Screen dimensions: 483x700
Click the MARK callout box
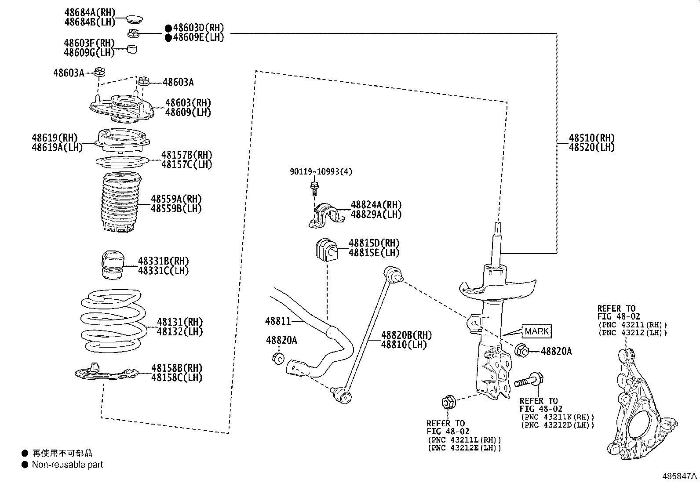[536, 331]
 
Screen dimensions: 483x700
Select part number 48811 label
[278, 321]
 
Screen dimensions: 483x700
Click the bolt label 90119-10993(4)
[321, 172]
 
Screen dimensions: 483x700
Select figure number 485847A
[680, 476]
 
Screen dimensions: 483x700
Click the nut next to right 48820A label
[521, 350]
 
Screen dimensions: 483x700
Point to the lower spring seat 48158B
[106, 373]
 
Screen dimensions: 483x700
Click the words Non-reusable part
[67, 465]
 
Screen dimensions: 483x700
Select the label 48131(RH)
[179, 322]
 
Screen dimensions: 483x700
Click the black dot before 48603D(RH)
[168, 28]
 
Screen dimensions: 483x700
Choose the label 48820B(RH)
[406, 335]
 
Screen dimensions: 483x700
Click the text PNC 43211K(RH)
[557, 417]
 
